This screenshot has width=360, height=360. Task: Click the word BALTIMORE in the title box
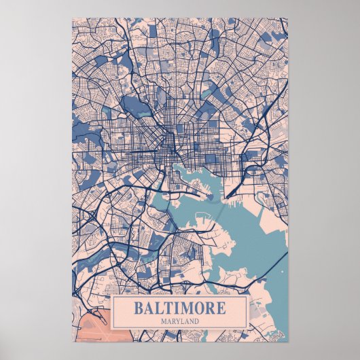point(179,308)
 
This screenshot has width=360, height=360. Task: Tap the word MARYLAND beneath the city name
point(179,321)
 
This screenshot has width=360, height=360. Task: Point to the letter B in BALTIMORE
point(138,308)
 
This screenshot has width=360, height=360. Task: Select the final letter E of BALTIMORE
point(221,308)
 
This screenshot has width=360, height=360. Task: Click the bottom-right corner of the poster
point(287,341)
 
